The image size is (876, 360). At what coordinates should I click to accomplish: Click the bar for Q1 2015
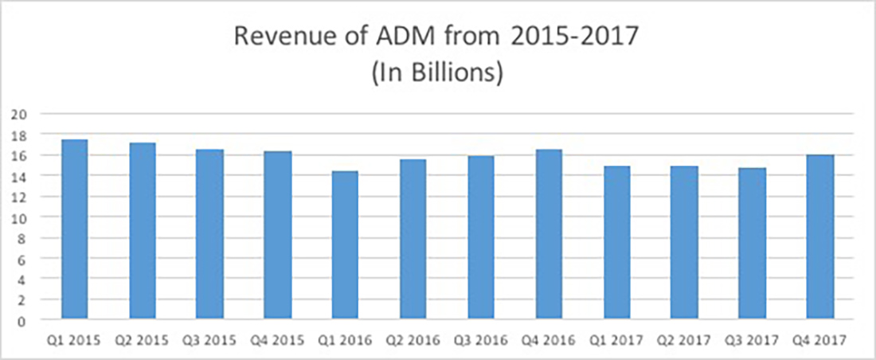74,230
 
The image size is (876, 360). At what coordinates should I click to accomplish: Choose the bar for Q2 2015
142,232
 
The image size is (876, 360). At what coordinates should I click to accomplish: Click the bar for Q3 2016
480,238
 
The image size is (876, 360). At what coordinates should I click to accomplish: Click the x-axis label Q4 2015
277,341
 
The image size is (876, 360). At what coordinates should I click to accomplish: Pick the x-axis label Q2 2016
413,341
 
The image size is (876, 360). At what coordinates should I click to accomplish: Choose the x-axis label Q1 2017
616,341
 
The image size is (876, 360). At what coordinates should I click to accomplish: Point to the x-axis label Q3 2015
209,341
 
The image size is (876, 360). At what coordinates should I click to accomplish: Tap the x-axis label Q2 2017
683,341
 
